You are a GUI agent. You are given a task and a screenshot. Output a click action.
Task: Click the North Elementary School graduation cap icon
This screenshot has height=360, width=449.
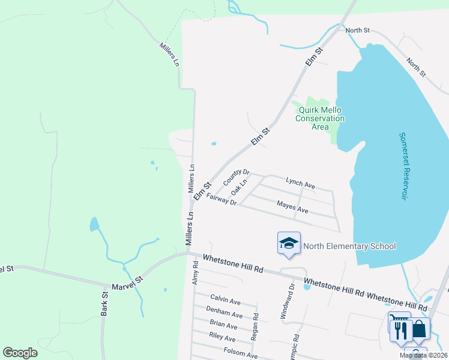click(x=289, y=244)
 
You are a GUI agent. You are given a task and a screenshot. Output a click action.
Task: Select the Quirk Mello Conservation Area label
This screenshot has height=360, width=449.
click(x=320, y=118)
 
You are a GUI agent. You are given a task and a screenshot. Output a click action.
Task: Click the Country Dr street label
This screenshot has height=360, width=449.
click(x=235, y=176)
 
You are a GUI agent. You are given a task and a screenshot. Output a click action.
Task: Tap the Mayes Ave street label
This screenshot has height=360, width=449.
click(x=292, y=207)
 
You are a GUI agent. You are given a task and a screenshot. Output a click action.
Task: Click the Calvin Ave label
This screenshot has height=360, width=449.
click(x=225, y=299)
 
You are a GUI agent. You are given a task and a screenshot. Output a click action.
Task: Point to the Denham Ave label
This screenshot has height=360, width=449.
click(x=224, y=312)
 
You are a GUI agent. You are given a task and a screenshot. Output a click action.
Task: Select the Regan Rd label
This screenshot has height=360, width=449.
click(x=255, y=327)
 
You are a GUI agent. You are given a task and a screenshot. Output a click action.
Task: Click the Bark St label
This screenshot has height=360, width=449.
click(x=104, y=304)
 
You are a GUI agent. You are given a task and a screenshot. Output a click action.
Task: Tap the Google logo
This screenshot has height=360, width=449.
click(x=20, y=353)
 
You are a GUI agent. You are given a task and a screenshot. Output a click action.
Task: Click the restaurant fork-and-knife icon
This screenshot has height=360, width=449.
click(x=399, y=329)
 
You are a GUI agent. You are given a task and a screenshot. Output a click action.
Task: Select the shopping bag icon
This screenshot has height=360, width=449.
click(x=420, y=329)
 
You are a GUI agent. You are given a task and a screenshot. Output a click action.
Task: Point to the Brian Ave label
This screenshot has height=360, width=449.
click(x=223, y=325)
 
